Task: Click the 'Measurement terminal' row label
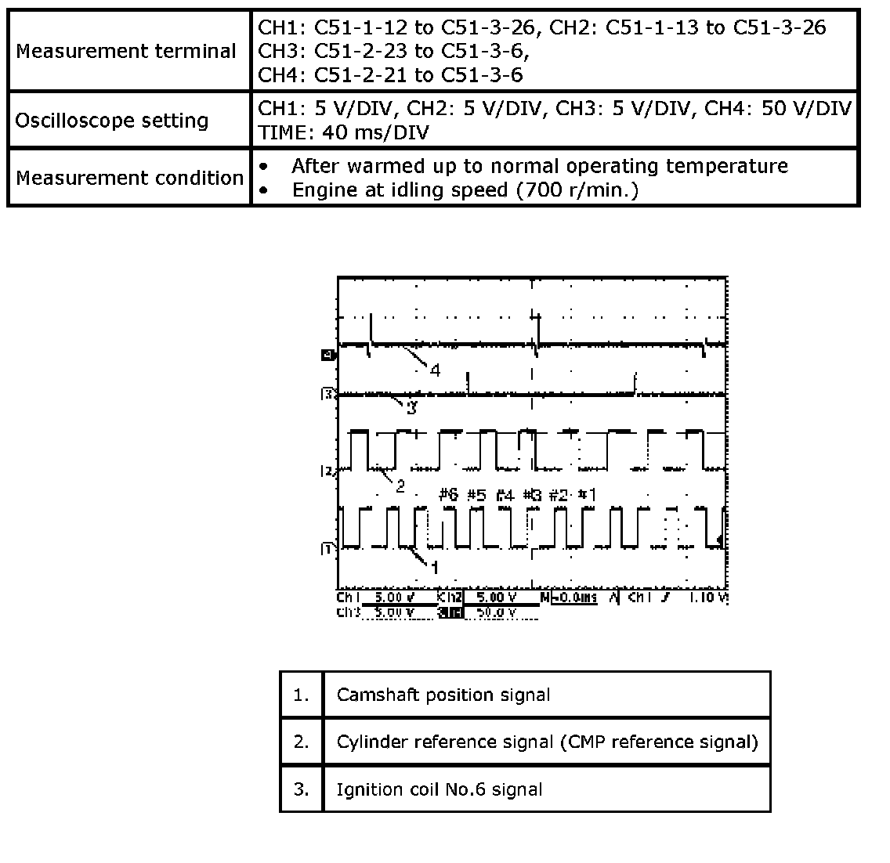(x=126, y=52)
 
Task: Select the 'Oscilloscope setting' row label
(x=112, y=121)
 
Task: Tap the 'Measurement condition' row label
(x=129, y=178)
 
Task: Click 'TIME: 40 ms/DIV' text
(x=343, y=132)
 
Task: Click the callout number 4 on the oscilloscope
(x=435, y=370)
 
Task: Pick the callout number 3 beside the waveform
(x=411, y=408)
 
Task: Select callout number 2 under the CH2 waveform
(x=400, y=486)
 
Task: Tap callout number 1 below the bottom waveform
(x=435, y=567)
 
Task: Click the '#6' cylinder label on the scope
(x=447, y=495)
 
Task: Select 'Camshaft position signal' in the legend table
(x=443, y=695)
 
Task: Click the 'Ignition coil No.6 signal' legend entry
(x=439, y=789)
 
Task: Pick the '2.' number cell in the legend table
(x=302, y=742)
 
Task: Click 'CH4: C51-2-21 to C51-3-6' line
(x=390, y=75)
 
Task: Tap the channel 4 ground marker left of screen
(x=326, y=355)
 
